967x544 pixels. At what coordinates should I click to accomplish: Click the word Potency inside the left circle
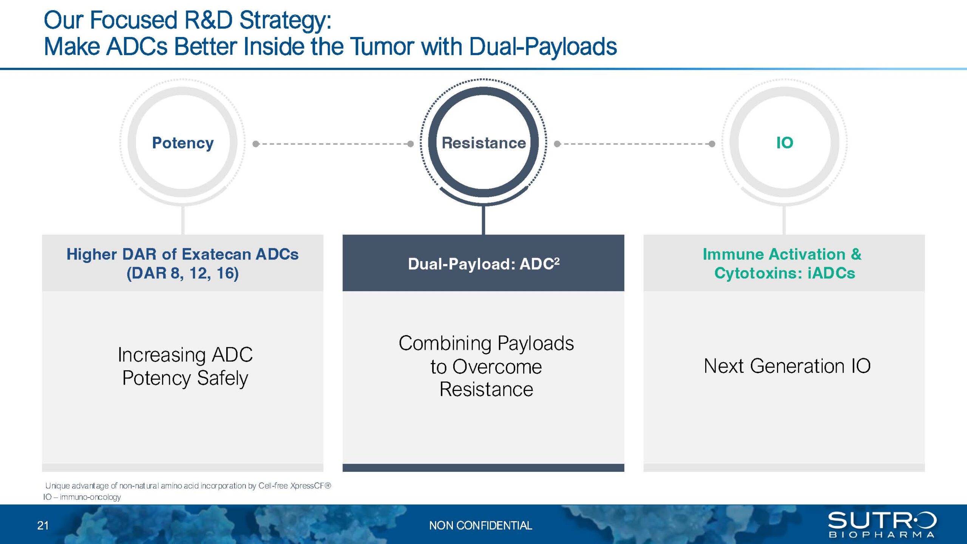183,143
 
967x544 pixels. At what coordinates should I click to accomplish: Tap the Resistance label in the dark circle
483,143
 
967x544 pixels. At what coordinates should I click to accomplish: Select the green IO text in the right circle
785,143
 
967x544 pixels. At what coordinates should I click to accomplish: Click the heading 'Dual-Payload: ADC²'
483,264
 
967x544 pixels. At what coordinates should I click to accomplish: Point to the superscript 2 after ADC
557,261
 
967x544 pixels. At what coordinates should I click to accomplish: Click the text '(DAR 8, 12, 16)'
182,273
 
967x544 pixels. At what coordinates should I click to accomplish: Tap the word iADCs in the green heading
831,273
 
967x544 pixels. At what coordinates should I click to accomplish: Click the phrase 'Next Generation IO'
787,366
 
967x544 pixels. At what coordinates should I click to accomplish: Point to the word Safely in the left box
222,379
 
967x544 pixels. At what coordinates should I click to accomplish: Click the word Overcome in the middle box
497,367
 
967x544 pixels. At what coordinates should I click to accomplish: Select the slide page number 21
43,525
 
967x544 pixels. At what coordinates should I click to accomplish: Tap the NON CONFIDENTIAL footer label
480,525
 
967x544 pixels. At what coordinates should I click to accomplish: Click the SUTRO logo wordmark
882,520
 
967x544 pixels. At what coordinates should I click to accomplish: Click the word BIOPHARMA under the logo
882,535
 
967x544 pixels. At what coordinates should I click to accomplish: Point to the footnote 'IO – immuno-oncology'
82,497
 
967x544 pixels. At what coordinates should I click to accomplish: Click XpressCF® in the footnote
310,486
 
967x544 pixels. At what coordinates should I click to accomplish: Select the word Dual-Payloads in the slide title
543,47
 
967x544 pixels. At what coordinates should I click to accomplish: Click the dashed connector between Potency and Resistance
333,144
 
